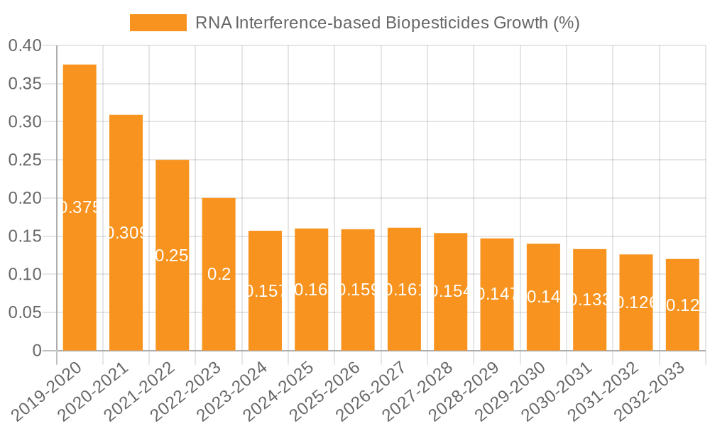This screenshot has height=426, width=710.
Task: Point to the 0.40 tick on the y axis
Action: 26,46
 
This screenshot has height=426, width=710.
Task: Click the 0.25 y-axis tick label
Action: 26,160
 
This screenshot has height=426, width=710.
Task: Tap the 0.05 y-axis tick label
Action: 26,312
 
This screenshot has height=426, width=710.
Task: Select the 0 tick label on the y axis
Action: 38,351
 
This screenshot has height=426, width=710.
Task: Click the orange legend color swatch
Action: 158,23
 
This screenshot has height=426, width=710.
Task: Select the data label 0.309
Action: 126,233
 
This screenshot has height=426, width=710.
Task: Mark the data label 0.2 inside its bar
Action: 219,274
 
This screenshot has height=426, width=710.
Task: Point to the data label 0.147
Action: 497,294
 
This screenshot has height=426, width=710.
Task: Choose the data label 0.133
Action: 590,300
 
